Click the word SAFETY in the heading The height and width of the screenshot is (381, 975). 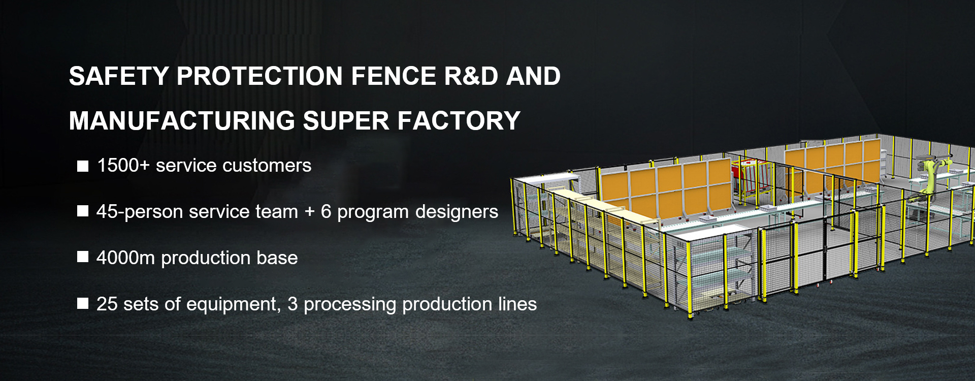pos(119,77)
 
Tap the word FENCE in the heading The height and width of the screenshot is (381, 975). pos(394,77)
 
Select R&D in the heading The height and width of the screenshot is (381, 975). pos(471,77)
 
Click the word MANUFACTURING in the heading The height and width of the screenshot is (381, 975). pos(182,121)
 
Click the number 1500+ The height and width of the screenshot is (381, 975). pos(123,166)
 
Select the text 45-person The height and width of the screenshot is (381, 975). pos(140,212)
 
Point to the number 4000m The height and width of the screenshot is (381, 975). pos(125,258)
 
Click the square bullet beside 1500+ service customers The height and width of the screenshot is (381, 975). pos(83,166)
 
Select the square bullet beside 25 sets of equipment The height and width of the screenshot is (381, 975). pos(83,303)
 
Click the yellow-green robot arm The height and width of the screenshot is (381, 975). pos(933,175)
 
